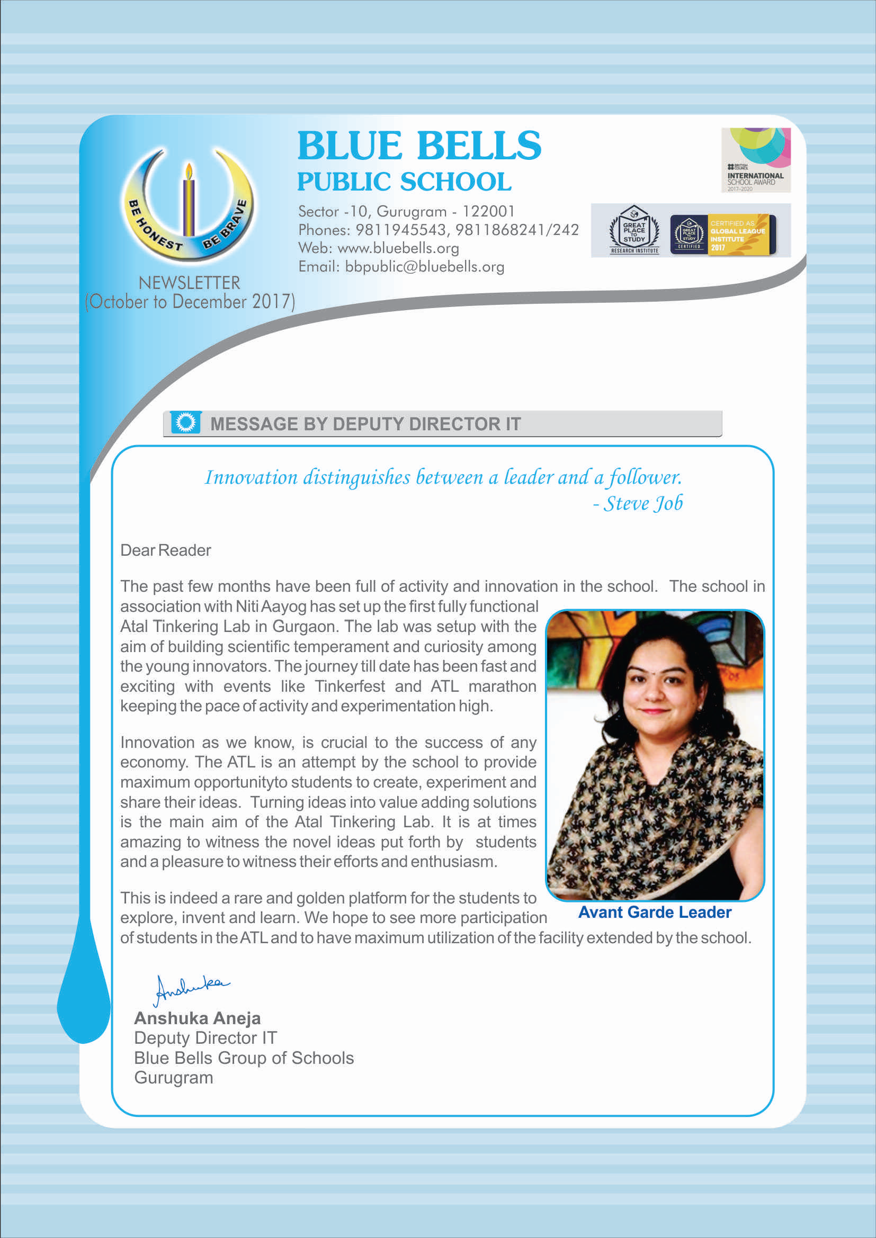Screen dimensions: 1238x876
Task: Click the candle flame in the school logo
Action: click(x=188, y=171)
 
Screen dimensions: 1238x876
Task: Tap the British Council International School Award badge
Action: click(x=756, y=160)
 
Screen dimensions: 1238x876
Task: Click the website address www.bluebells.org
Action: click(x=398, y=248)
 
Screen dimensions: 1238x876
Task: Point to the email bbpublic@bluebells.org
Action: click(x=425, y=266)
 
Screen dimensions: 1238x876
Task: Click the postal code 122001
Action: click(x=489, y=211)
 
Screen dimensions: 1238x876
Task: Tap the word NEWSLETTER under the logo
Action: click(x=189, y=283)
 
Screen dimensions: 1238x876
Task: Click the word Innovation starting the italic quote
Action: click(x=251, y=477)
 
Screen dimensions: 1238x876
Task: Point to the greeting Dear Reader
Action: click(x=166, y=550)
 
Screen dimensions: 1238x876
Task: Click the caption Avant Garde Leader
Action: click(x=654, y=912)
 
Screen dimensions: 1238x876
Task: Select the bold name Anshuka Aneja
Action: click(x=198, y=1018)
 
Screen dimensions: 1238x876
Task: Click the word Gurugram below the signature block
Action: click(x=174, y=1077)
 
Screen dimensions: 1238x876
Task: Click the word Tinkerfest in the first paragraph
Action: click(x=350, y=686)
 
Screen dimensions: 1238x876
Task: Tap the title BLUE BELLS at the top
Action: click(x=419, y=146)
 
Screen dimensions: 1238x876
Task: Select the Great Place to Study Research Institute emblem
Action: click(x=634, y=230)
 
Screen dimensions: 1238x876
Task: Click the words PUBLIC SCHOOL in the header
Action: click(x=404, y=182)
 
